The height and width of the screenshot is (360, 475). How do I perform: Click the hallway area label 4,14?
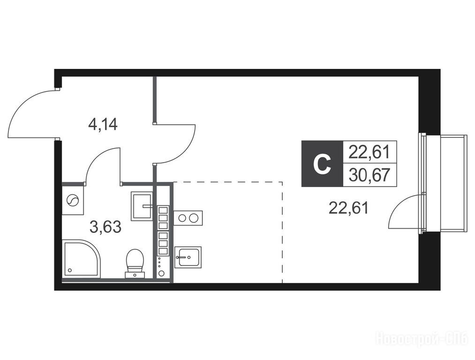[x=103, y=124]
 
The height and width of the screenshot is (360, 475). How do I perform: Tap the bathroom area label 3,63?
[x=106, y=227]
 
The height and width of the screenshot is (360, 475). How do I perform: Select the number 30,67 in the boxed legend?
[x=369, y=175]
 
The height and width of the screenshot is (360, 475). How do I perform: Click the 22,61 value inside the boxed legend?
[x=369, y=152]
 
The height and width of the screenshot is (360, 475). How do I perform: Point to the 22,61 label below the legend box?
[x=349, y=208]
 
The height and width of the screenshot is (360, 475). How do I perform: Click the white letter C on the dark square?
[x=322, y=164]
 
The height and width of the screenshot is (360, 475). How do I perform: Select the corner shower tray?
[x=81, y=259]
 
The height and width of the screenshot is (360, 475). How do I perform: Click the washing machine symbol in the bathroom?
[x=73, y=200]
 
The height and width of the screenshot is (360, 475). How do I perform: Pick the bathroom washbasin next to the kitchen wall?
[x=142, y=206]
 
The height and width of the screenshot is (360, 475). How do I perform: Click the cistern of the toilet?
[x=135, y=275]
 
